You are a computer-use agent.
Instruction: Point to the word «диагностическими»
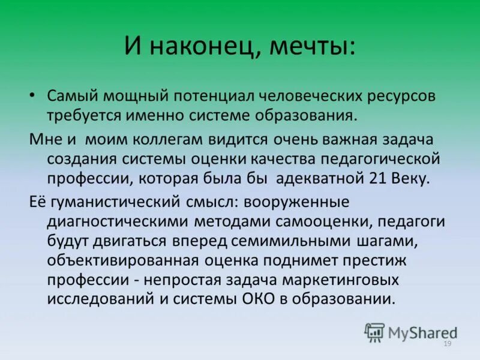[x=116, y=221]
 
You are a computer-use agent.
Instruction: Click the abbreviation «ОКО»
[x=289, y=298]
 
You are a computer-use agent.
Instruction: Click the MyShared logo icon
[x=375, y=331]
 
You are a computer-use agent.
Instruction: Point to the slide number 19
[x=447, y=344]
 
